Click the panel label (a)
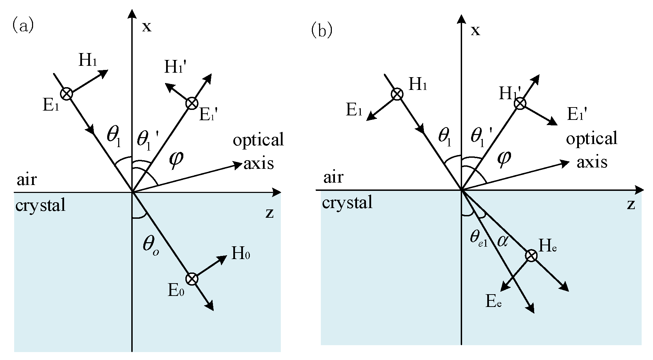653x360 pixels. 23,25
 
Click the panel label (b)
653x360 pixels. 322,30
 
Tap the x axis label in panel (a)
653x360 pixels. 147,27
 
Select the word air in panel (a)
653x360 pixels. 27,179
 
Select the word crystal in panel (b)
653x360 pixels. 347,203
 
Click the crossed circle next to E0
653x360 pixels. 192,278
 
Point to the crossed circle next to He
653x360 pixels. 531,256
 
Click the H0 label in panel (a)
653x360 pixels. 241,254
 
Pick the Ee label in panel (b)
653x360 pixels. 493,302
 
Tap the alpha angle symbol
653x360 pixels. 502,241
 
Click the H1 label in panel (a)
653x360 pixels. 88,60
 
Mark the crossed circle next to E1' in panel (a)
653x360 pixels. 192,103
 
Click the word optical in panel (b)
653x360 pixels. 591,138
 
